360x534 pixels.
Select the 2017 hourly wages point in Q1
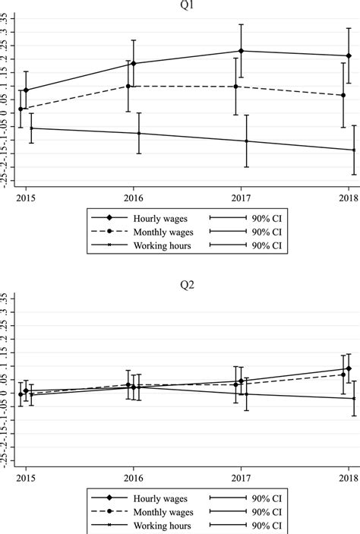tap(241, 51)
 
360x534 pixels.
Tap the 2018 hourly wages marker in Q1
tap(349, 55)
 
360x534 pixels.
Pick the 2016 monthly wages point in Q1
tap(128, 86)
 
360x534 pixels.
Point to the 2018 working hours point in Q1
tap(354, 150)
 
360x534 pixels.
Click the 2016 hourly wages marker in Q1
tap(134, 64)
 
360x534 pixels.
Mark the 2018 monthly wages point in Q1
tap(343, 95)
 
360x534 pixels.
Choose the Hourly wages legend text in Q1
tap(151, 217)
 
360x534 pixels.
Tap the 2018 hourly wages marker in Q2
tap(349, 368)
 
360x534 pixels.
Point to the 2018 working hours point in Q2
tap(354, 398)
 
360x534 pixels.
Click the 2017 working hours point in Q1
tap(246, 141)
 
